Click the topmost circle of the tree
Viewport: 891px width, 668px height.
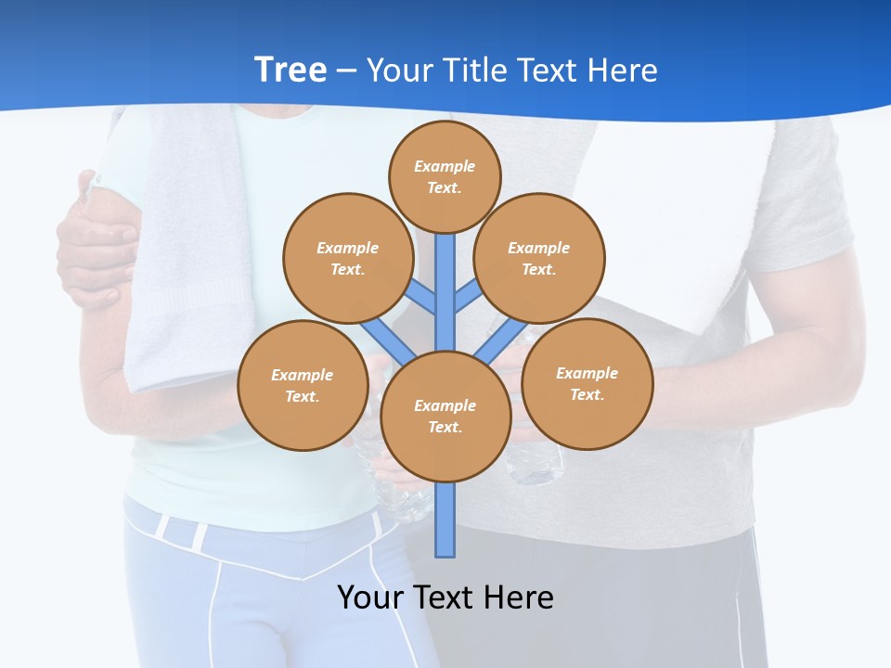pos(445,176)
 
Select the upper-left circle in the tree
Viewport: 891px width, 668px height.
pos(347,258)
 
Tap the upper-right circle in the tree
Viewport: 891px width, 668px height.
pos(539,258)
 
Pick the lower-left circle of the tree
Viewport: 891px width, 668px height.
pos(303,385)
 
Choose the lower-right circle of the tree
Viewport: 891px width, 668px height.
pos(588,383)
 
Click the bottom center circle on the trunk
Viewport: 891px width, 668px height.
pos(445,417)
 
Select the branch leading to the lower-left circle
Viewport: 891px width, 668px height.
pos(388,340)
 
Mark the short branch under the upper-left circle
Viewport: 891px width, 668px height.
pos(421,297)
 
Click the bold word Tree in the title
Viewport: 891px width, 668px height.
pos(291,70)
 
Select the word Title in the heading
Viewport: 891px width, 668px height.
pos(474,71)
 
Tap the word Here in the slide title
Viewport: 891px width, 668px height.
pos(622,71)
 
